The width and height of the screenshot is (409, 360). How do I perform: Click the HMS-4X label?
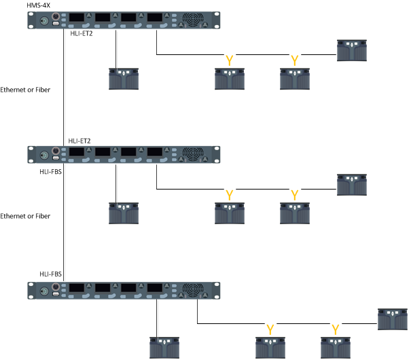[38, 5]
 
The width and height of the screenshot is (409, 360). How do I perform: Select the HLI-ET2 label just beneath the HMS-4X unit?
[82, 34]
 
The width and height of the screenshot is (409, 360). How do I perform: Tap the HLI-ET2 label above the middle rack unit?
[79, 141]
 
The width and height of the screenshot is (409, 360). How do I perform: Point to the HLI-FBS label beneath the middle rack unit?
[50, 172]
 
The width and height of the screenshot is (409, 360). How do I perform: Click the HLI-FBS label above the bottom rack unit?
[50, 274]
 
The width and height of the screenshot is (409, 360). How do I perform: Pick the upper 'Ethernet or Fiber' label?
[25, 90]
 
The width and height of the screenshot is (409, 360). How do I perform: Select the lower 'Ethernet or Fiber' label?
[25, 216]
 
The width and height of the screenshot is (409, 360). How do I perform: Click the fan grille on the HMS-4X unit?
[193, 19]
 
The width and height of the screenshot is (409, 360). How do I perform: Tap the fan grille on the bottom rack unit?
[193, 289]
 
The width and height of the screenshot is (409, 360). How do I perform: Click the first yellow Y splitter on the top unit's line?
[230, 60]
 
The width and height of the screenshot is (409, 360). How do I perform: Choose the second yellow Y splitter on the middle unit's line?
[295, 195]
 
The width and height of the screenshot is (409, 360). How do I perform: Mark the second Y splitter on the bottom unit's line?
[336, 329]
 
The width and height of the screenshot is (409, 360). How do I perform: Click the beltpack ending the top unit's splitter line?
[352, 51]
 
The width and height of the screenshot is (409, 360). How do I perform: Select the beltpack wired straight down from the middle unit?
[124, 213]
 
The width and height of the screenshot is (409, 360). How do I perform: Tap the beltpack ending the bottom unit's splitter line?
[393, 319]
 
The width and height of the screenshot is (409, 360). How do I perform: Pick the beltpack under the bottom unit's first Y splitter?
[270, 348]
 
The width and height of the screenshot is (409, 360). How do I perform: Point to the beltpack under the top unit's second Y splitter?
[295, 79]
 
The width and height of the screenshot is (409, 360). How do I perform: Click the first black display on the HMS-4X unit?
[77, 18]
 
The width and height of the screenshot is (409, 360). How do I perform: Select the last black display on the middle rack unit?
[155, 152]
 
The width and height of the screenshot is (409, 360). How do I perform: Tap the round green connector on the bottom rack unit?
[44, 291]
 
